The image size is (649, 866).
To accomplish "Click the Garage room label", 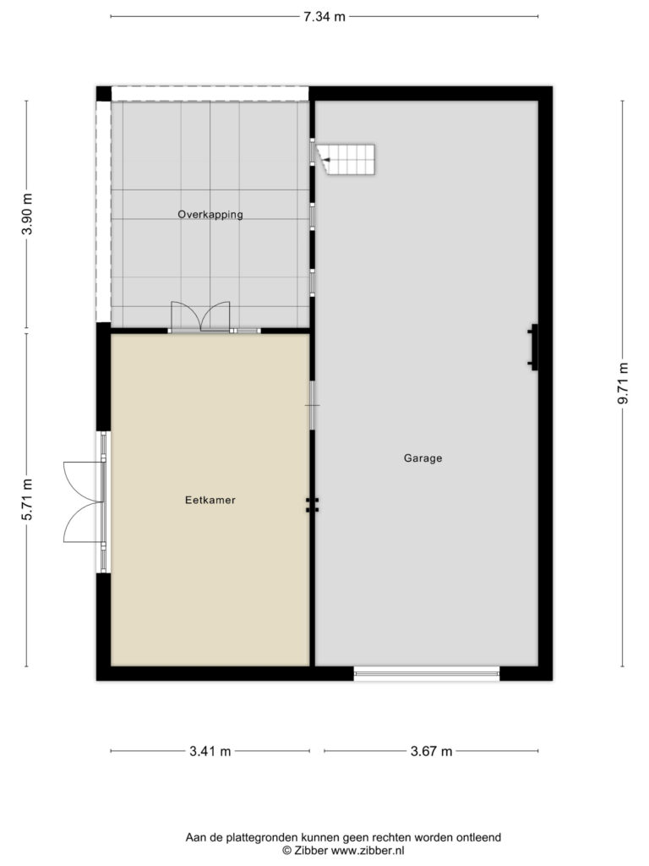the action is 423,458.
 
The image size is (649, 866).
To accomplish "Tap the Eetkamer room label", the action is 210,500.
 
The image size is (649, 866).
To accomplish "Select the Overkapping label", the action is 210,214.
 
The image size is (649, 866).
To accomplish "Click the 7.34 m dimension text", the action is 324,17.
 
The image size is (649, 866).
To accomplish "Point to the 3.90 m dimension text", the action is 26,214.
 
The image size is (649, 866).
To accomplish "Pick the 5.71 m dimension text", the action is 26,499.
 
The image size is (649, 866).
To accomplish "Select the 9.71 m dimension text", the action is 623,383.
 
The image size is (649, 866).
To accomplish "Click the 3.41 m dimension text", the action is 210,751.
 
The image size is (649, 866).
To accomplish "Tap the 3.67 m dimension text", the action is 432,751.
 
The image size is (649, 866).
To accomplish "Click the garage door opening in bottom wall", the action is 427,673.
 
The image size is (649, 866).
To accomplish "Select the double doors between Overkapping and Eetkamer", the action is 200,317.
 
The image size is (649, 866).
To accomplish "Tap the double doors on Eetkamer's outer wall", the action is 83,502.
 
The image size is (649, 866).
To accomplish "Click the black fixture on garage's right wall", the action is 532,347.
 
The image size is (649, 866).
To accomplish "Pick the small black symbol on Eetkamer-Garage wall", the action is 313,505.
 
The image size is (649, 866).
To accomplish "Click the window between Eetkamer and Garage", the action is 313,405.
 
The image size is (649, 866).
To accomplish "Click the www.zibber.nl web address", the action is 368,851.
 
